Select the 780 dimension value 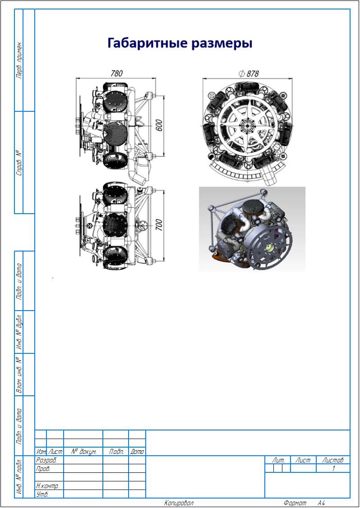coord(116,73)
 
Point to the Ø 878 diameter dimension coord(249,73)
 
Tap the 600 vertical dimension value coord(159,125)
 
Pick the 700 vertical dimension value coord(159,225)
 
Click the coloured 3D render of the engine coord(252,229)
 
